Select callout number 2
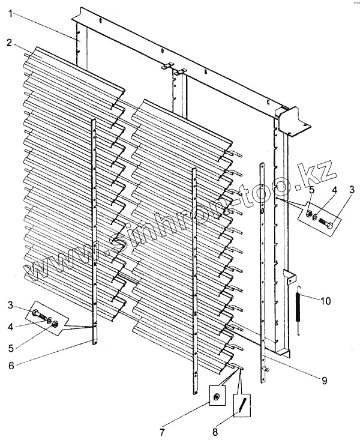click(10, 42)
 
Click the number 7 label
click(162, 430)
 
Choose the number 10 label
click(324, 301)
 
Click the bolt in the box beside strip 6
click(38, 315)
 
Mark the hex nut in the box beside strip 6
click(56, 324)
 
